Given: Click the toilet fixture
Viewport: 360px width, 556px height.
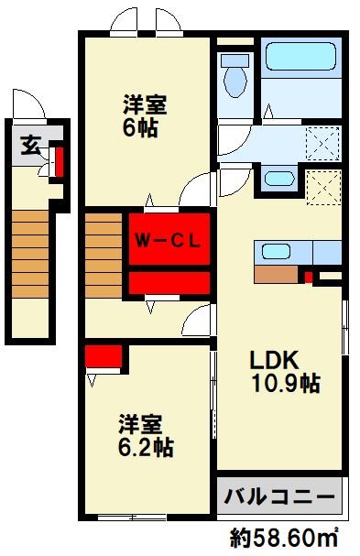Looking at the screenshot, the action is pos(235,76).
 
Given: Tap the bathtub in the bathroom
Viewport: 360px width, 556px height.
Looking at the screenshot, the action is pos(300,57).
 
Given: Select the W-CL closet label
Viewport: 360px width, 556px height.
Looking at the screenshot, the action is pos(169,242).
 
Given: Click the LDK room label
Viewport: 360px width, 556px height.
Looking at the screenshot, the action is pos(274,361).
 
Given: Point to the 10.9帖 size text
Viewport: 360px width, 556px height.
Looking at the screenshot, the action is pos(286,383).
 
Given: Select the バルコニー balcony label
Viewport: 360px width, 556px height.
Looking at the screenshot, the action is pos(279,496).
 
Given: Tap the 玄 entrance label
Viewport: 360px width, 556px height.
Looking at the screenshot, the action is pos(31,146).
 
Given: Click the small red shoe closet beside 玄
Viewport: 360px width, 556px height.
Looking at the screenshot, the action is pos(60,162).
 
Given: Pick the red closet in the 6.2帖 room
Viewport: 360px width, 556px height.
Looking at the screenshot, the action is pos(104,356).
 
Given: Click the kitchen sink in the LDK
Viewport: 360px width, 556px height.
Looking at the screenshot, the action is pos(277,252).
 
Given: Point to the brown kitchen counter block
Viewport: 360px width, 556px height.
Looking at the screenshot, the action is pos(276,275).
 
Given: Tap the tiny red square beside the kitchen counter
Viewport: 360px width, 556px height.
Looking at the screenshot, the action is pos(309,277).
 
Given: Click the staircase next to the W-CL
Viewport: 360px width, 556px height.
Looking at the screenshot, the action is pos(104,256).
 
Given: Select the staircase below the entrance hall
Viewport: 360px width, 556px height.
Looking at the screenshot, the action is pos(30,255).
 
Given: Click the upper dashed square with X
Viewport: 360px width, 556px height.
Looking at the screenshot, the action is pos(322,144).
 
